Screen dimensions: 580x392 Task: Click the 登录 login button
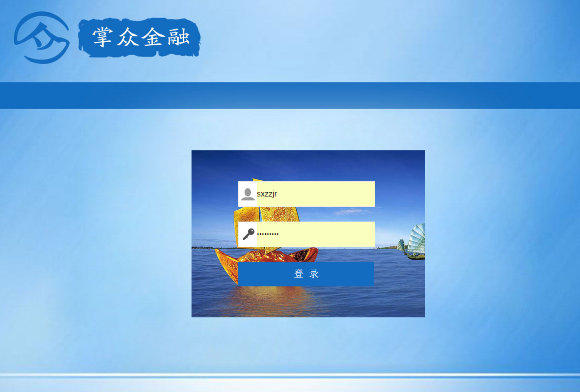point(306,274)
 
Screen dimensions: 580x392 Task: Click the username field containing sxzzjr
point(306,194)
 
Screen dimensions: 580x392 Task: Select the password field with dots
point(306,234)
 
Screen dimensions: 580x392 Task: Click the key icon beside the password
point(249,234)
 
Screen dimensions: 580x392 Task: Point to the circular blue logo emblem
point(41,37)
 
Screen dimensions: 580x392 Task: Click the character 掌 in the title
point(102,37)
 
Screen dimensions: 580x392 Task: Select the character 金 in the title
point(153,37)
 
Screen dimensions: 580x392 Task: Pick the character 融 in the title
point(178,37)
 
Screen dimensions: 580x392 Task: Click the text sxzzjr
point(267,194)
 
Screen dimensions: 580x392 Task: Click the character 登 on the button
point(299,274)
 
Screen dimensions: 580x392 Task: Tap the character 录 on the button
point(314,274)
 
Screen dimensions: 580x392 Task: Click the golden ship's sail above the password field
point(279,214)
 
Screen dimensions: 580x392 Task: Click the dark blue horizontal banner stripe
point(290,95)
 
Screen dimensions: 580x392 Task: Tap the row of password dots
point(268,234)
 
